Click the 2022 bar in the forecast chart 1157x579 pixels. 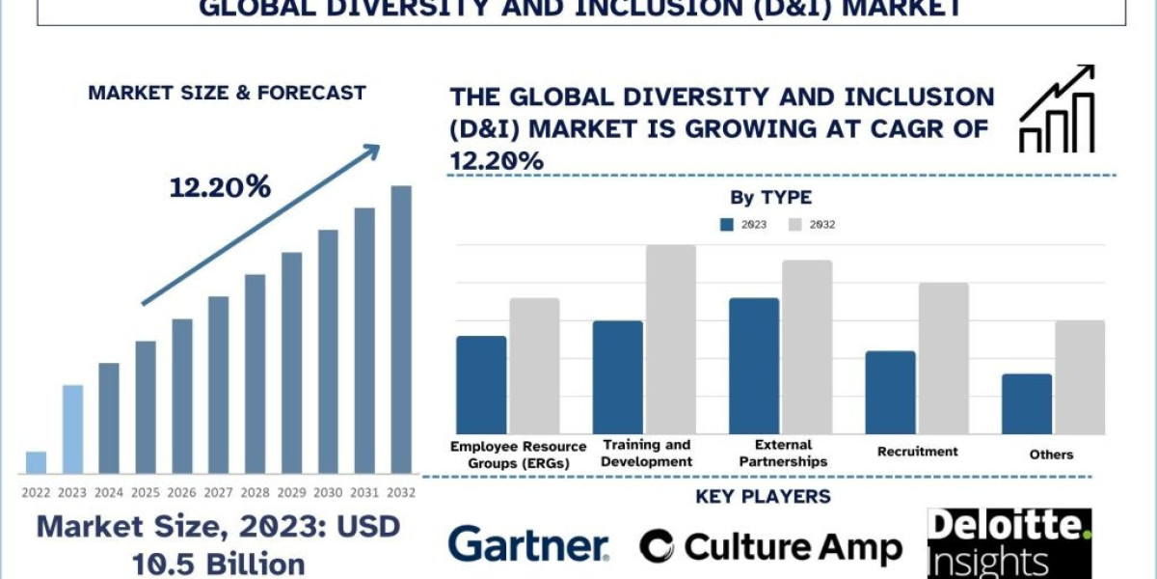pyautogui.click(x=36, y=462)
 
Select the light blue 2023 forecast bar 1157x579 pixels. pyautogui.click(x=72, y=429)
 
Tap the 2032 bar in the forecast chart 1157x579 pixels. pyautogui.click(x=401, y=329)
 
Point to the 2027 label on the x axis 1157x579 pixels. pyautogui.click(x=218, y=492)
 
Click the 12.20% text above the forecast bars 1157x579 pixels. pyautogui.click(x=220, y=187)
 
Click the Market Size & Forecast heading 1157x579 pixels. pyautogui.click(x=227, y=94)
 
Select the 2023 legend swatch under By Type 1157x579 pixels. pyautogui.click(x=727, y=225)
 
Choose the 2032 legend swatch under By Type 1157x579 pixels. pyautogui.click(x=795, y=225)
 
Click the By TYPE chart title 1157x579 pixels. pyautogui.click(x=770, y=198)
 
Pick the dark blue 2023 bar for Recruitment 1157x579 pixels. pyautogui.click(x=890, y=392)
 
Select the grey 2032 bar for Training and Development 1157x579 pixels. pyautogui.click(x=670, y=339)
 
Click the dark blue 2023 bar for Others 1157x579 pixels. pyautogui.click(x=1027, y=403)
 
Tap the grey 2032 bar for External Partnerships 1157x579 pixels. pyautogui.click(x=807, y=346)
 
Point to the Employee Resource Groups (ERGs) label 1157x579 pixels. pyautogui.click(x=518, y=455)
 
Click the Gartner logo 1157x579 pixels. pyautogui.click(x=528, y=545)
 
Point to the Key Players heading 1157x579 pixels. pyautogui.click(x=763, y=497)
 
